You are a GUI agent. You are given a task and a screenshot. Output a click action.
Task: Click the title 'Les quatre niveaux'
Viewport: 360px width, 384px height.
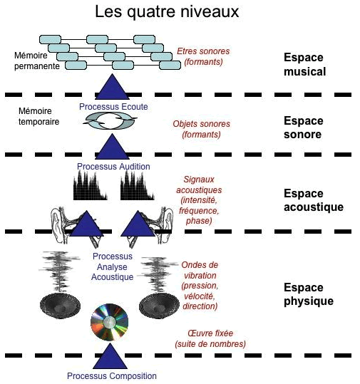167,11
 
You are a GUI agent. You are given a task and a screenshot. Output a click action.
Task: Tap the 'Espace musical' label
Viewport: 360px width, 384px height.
304,65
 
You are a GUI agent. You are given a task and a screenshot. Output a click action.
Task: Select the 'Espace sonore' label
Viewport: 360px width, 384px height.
304,128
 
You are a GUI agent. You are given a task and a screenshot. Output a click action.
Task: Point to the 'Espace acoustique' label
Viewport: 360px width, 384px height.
314,200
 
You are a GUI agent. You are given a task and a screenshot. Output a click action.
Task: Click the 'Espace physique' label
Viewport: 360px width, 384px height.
309,294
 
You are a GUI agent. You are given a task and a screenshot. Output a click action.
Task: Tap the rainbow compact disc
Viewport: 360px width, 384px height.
109,322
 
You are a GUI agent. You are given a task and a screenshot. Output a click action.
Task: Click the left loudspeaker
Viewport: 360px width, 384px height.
60,306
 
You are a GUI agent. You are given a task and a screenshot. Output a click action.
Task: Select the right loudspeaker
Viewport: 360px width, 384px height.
159,306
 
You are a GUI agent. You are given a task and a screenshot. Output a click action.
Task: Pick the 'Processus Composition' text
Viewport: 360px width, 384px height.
112,375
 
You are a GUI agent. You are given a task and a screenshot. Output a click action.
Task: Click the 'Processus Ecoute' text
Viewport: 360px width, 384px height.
113,107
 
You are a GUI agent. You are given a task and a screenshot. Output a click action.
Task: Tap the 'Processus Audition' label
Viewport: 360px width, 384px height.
113,167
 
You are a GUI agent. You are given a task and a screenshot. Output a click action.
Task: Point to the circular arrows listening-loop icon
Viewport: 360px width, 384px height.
110,121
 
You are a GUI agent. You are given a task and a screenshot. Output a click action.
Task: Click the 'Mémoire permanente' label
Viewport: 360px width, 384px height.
37,61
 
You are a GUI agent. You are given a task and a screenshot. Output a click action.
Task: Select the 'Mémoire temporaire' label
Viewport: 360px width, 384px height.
38,116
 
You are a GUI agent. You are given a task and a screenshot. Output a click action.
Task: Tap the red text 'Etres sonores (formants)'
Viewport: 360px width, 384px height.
203,56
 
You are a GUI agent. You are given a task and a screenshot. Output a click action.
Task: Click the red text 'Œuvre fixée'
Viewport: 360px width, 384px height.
210,333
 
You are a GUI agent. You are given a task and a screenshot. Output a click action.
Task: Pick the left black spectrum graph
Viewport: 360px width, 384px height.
91,185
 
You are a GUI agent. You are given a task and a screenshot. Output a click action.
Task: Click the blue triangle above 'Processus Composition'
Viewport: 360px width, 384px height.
110,356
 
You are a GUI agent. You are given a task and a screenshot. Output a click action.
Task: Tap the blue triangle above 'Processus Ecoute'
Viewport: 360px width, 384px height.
112,86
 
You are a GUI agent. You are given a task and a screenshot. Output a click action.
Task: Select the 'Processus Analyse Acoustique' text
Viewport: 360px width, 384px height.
112,266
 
